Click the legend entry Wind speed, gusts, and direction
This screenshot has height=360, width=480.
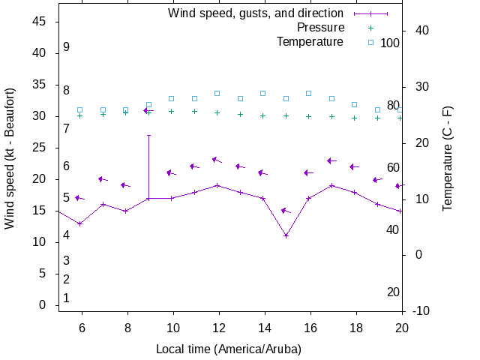[255, 13]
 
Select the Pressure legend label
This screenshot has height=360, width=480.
[320, 28]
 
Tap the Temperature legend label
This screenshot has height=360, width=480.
[310, 42]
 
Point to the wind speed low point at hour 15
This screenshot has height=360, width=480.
[286, 235]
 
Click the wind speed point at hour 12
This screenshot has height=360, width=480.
[217, 185]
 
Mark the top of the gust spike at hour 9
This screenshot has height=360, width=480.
[148, 135]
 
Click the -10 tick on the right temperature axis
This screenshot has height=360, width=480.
[421, 310]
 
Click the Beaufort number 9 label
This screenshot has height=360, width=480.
[67, 47]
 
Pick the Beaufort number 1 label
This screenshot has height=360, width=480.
[67, 298]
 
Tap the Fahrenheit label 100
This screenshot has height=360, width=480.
[390, 43]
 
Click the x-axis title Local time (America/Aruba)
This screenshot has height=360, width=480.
[229, 349]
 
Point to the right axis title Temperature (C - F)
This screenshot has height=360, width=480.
[448, 157]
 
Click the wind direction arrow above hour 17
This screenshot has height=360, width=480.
[331, 160]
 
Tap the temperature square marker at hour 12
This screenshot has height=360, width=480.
[217, 93]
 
